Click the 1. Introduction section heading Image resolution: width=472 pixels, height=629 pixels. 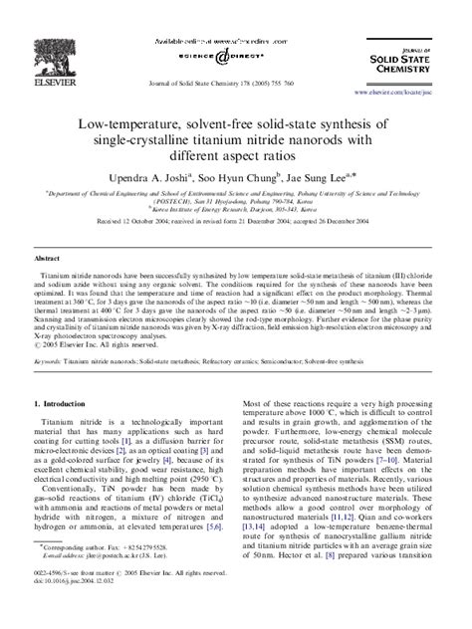[69, 404]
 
